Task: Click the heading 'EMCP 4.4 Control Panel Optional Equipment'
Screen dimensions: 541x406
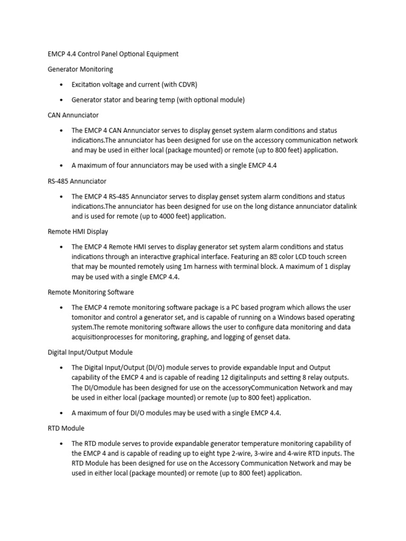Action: click(113, 54)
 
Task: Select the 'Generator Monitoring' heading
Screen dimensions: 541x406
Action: click(80, 69)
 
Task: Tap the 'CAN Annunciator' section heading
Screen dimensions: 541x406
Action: click(73, 115)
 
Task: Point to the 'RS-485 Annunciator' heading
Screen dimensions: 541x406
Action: click(77, 181)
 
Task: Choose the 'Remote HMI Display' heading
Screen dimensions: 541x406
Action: click(78, 231)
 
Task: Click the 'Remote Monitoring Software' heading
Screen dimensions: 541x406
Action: click(90, 292)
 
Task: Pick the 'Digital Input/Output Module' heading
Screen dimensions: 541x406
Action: click(90, 352)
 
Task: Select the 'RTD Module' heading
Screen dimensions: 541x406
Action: click(66, 428)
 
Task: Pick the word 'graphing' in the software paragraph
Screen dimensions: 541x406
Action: click(195, 338)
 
